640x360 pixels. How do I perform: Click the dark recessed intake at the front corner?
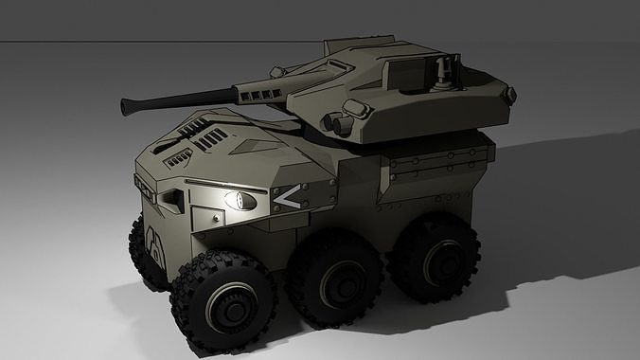click(x=173, y=198)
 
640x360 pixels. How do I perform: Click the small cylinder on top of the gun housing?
click(x=279, y=70)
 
